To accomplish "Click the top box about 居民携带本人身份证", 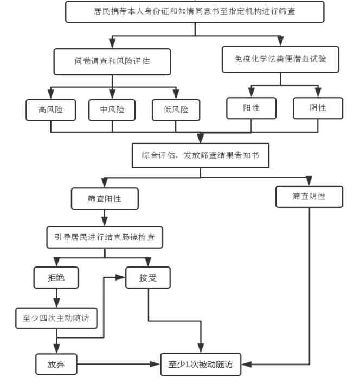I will (195, 11).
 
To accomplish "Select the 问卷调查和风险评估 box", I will (112, 62).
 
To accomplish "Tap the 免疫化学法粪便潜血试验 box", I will (281, 60).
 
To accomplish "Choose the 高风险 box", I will (50, 109).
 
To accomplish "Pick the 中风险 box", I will (112, 109).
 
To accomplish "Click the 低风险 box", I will (176, 109).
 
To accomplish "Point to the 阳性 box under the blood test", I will (251, 108).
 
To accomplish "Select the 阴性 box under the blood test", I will (318, 108).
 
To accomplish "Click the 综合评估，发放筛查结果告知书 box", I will (200, 155).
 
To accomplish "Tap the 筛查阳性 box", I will (105, 199).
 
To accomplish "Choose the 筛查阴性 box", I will (309, 197).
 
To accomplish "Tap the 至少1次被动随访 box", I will (200, 365).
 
